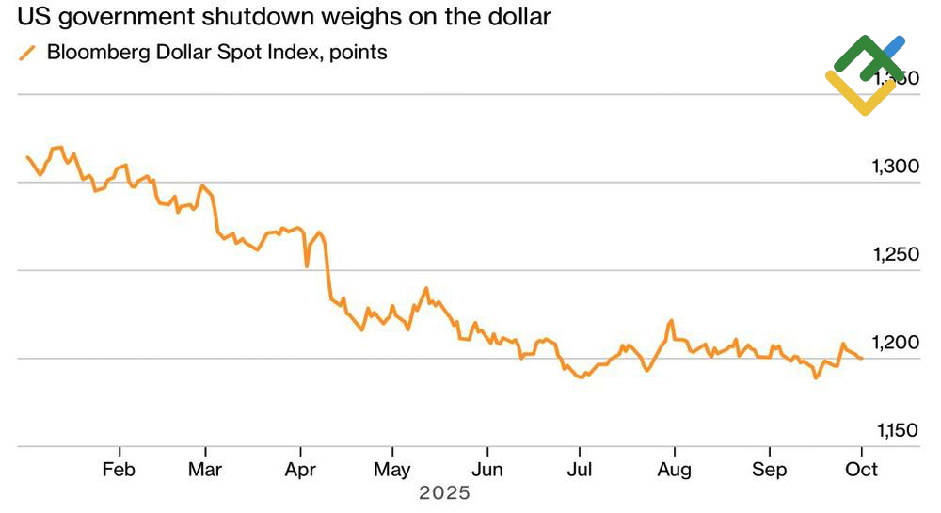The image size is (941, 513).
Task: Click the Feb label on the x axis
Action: (119, 469)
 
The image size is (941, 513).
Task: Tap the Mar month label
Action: (204, 469)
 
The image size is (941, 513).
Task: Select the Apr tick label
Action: (299, 469)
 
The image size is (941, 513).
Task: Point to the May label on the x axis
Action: (392, 469)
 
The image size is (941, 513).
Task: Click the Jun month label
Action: (486, 469)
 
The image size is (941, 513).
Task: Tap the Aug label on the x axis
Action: (674, 469)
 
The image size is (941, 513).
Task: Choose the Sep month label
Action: (769, 469)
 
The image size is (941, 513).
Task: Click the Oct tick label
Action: (862, 469)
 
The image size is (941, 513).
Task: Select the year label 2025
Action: (444, 492)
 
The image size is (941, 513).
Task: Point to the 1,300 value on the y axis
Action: (895, 167)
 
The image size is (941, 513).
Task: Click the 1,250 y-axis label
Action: (895, 254)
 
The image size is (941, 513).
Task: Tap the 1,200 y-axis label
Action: (895, 342)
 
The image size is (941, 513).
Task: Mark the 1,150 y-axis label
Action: (895, 430)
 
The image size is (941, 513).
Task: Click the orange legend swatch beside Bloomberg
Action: (27, 53)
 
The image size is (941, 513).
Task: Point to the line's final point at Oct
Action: (862, 358)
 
